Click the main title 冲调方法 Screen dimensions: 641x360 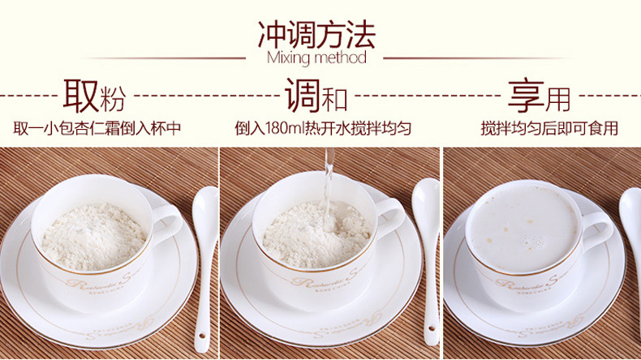click(x=316, y=35)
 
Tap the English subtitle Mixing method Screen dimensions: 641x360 click(x=316, y=58)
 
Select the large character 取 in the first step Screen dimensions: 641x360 click(x=80, y=96)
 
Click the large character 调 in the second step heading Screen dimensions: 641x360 click(x=303, y=96)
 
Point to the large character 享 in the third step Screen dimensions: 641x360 click(x=526, y=96)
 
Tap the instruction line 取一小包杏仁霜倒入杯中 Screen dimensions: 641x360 click(x=97, y=128)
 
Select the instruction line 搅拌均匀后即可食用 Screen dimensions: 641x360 click(x=549, y=128)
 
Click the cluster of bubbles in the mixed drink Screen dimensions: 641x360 click(x=534, y=242)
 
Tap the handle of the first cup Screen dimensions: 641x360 click(x=169, y=224)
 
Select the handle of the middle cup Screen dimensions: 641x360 click(x=390, y=219)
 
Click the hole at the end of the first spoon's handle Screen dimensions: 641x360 click(x=201, y=336)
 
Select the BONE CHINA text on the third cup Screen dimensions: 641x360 click(x=534, y=290)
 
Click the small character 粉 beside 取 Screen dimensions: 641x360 click(x=113, y=99)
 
